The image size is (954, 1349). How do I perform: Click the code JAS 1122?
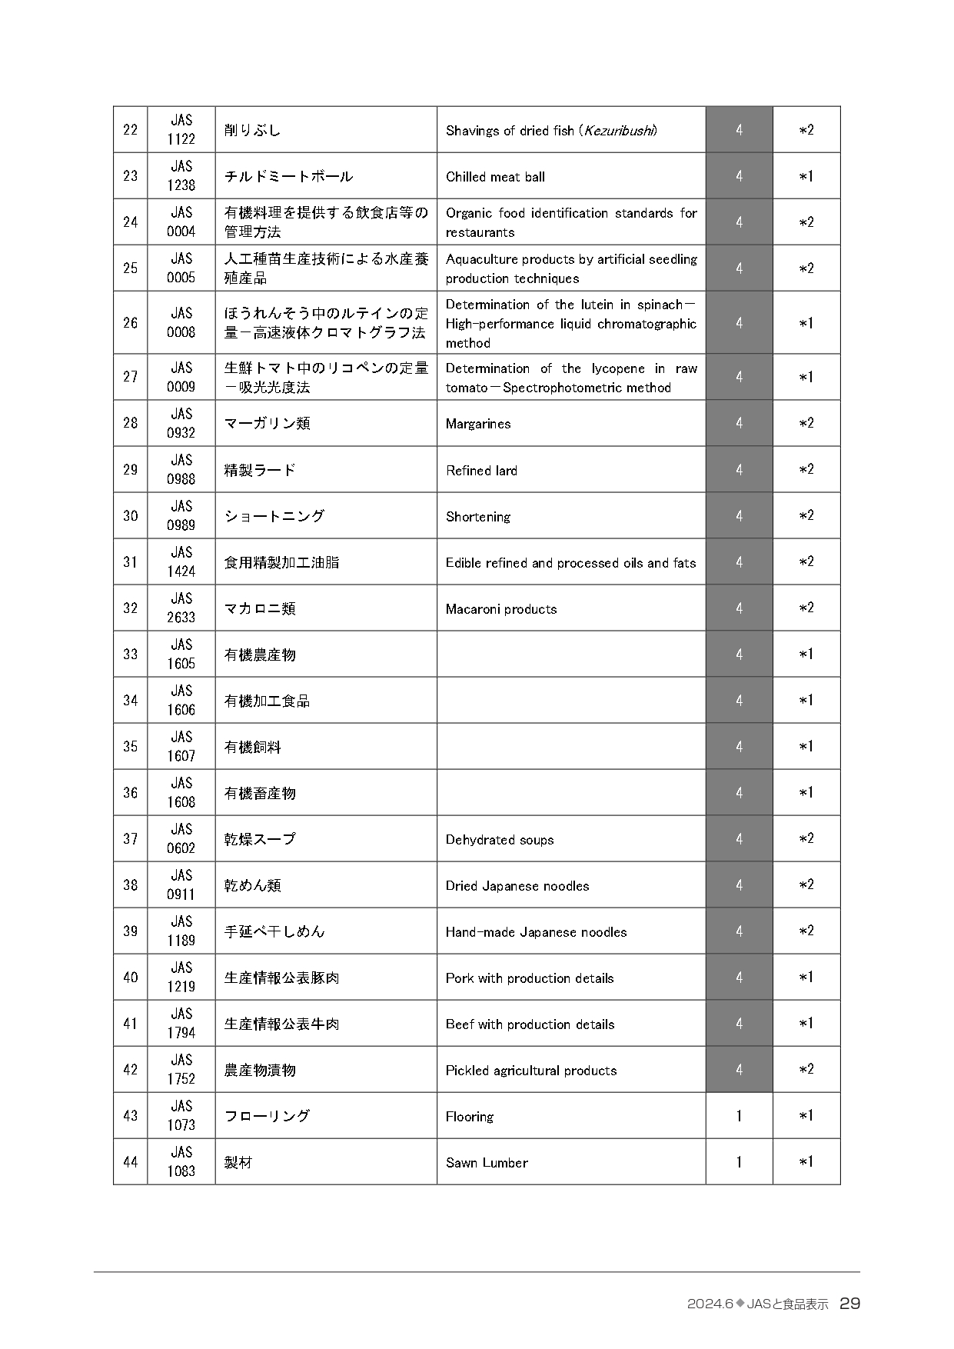(x=181, y=129)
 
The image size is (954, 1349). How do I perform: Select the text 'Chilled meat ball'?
(x=495, y=177)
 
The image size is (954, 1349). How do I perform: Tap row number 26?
(x=130, y=323)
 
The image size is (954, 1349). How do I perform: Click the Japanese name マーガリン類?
(x=267, y=423)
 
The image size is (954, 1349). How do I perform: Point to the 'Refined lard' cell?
(x=481, y=471)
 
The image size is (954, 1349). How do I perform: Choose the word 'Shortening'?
(x=477, y=517)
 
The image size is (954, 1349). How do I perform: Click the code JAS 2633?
(x=181, y=608)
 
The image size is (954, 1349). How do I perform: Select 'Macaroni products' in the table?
(x=501, y=609)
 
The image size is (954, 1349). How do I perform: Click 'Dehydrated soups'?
(x=500, y=840)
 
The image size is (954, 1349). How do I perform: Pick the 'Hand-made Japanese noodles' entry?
(x=536, y=932)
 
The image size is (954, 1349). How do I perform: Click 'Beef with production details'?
(x=530, y=1024)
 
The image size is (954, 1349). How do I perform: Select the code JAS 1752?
(x=181, y=1069)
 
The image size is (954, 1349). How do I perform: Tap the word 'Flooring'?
(x=470, y=1117)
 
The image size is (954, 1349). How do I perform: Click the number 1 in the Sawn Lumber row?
(x=739, y=1161)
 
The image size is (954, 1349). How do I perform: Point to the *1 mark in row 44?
(x=806, y=1161)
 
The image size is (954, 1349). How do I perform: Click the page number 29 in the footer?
(x=849, y=1304)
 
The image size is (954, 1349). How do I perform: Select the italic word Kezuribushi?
(x=620, y=131)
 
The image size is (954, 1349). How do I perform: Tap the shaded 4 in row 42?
(x=739, y=1069)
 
